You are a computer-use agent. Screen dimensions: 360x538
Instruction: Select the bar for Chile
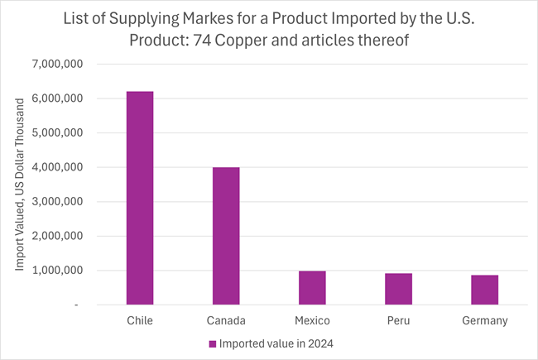pos(140,198)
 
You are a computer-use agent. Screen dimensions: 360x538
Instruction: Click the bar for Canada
pos(226,236)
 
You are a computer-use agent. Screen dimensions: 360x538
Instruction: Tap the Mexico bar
pos(312,288)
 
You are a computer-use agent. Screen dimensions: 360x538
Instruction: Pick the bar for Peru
pos(398,289)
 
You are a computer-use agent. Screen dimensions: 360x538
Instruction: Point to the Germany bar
pos(484,290)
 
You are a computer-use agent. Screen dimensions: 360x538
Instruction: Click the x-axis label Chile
pos(140,319)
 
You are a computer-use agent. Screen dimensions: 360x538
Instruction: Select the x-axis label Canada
pos(226,319)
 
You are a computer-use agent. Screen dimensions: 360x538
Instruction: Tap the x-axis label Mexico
pos(312,319)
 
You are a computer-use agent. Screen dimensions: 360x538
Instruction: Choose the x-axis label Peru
pos(398,319)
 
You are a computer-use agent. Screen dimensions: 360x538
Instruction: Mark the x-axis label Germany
pos(484,319)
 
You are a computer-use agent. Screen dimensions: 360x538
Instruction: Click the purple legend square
pos(213,343)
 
